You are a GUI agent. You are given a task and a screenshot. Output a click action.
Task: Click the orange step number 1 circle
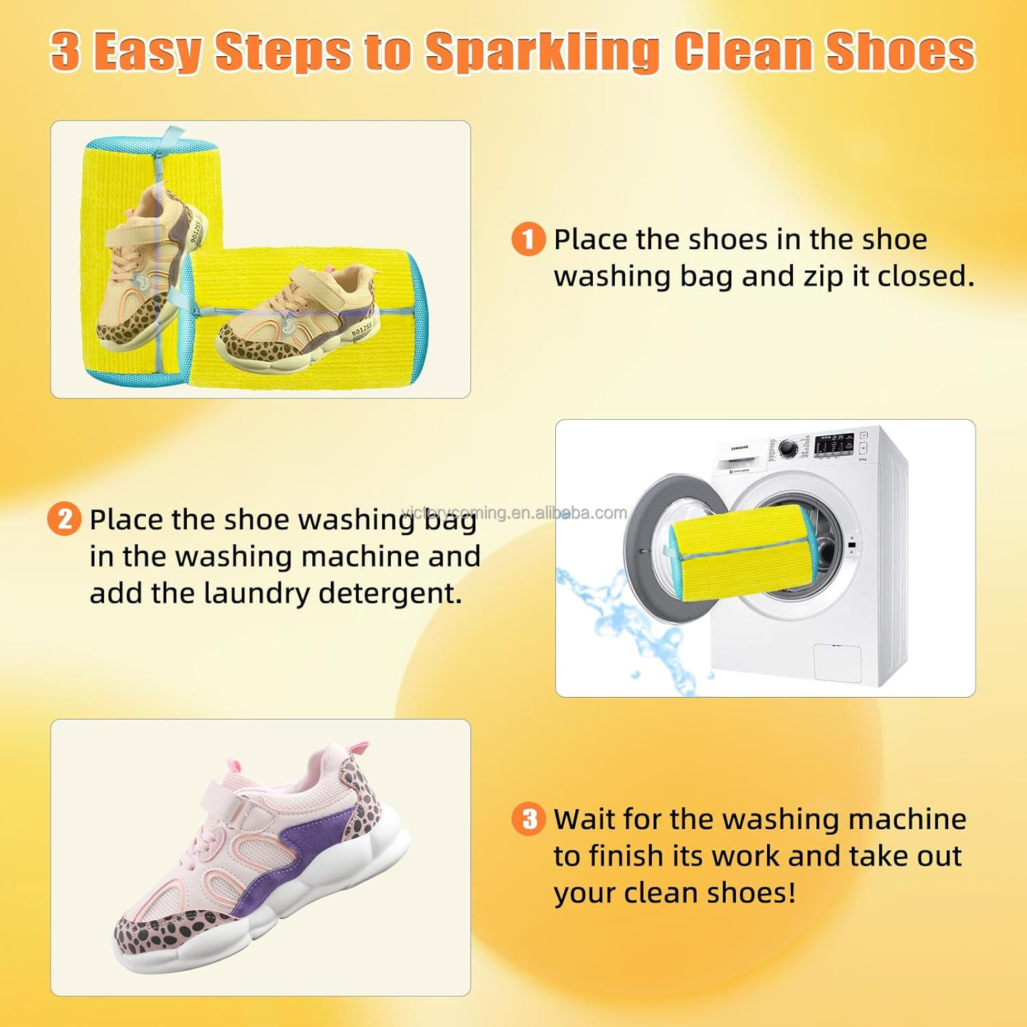(x=529, y=240)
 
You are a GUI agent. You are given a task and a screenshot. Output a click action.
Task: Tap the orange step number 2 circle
(x=64, y=519)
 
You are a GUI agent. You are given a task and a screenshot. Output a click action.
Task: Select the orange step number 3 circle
(x=529, y=819)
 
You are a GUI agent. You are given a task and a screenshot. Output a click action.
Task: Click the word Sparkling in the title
(x=541, y=51)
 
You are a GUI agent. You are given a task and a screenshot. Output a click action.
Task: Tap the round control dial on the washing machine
(x=788, y=449)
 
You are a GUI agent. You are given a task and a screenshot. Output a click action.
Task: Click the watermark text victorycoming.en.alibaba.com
(x=513, y=513)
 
